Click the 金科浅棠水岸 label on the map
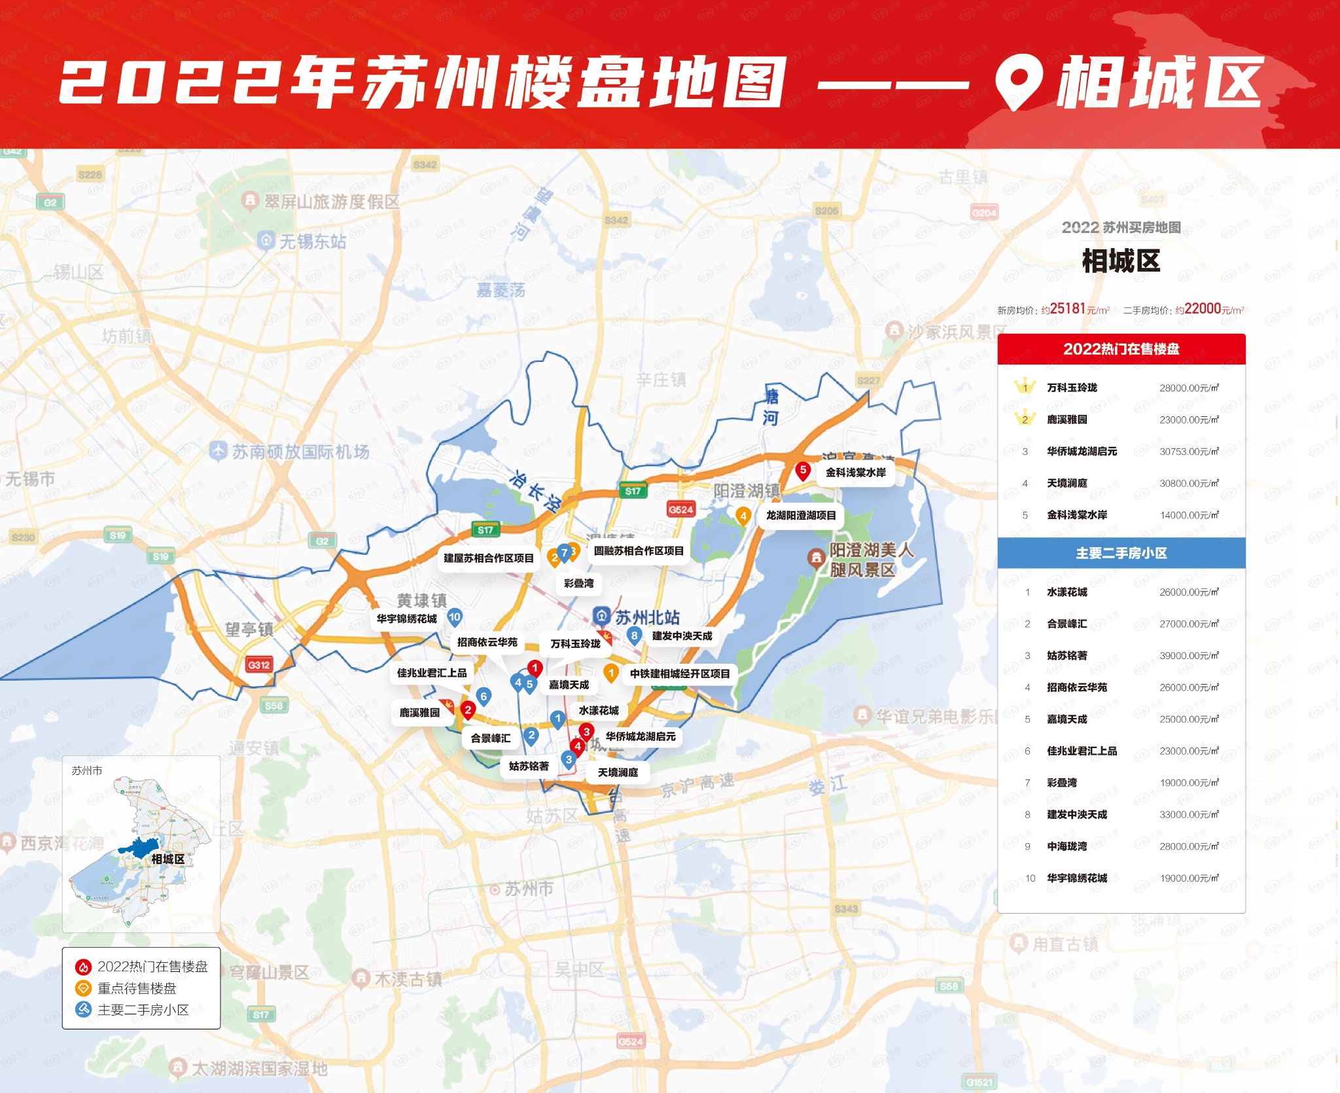click(855, 473)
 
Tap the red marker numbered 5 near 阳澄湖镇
click(803, 471)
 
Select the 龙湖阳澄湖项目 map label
click(801, 516)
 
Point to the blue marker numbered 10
click(455, 617)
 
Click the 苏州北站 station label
click(646, 617)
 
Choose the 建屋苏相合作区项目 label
click(488, 558)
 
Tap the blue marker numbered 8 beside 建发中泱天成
click(634, 636)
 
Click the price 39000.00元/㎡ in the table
click(1188, 656)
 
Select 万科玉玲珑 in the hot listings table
click(1072, 388)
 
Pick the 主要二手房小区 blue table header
click(1121, 554)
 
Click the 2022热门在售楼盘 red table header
click(1121, 349)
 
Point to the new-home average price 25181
click(1067, 309)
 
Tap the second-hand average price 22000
click(1202, 309)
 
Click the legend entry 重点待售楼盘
click(136, 988)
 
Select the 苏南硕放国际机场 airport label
click(300, 452)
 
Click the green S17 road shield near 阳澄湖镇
click(633, 491)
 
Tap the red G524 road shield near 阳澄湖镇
click(680, 510)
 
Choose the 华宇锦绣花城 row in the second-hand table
click(1077, 878)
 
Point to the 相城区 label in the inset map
click(167, 859)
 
